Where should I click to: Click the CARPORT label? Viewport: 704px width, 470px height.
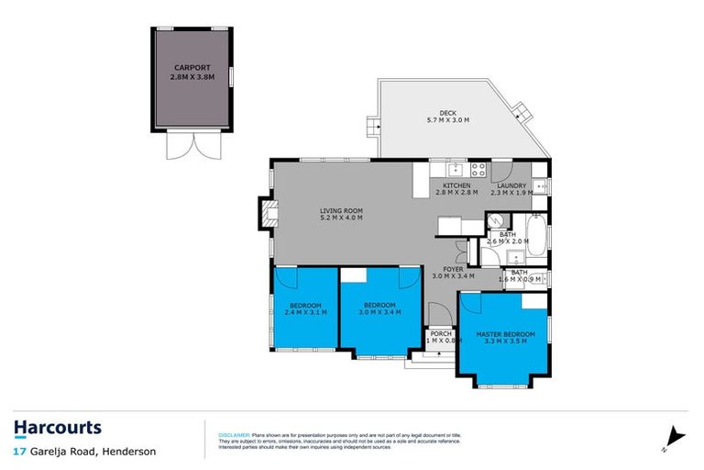coord(191,68)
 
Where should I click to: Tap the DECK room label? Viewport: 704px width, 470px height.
coord(447,113)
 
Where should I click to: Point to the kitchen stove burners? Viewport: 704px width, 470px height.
coord(478,169)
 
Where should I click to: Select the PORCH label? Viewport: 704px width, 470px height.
coord(442,333)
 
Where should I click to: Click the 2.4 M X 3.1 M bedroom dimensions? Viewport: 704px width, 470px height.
coord(305,312)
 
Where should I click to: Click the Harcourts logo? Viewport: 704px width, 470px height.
coord(58,428)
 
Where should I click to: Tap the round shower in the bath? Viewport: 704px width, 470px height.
coord(494,221)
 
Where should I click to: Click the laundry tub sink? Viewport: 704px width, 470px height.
coord(541,185)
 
